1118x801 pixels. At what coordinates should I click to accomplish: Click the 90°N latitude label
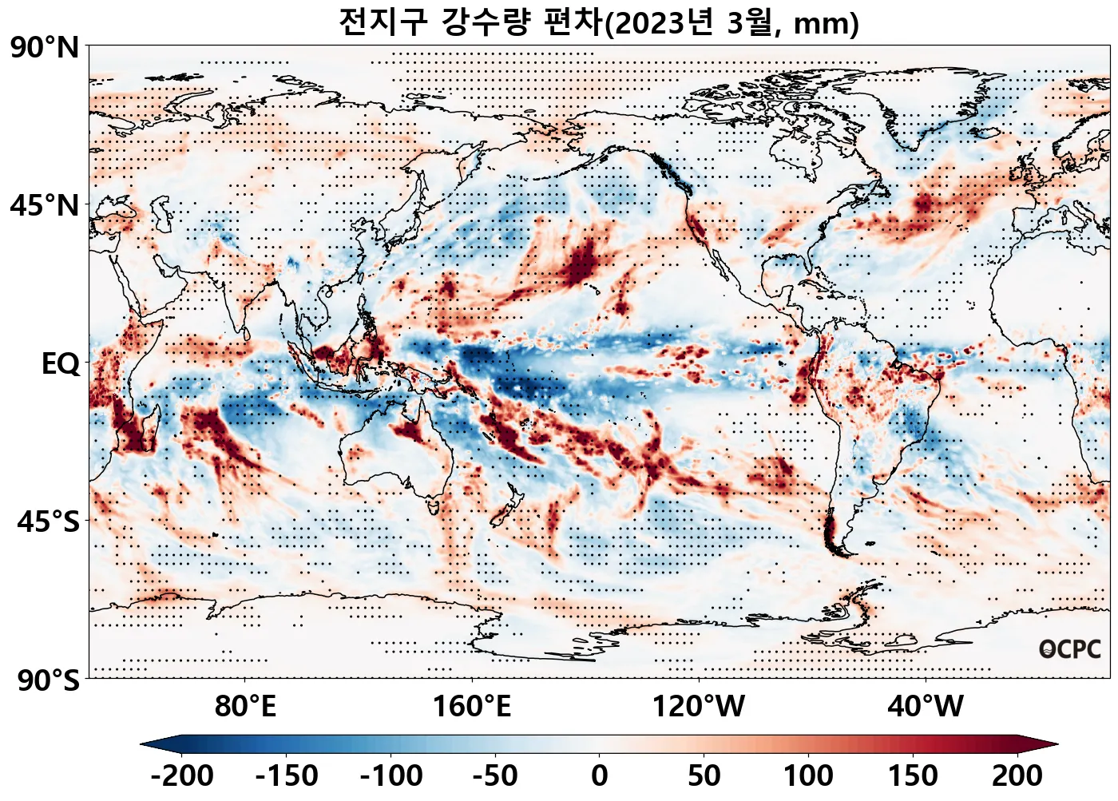coord(45,48)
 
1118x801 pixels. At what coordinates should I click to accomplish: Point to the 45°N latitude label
coord(45,206)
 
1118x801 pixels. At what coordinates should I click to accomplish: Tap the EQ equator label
coord(61,364)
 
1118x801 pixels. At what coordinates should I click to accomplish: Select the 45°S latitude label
coord(48,522)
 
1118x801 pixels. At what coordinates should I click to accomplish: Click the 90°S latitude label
coord(48,680)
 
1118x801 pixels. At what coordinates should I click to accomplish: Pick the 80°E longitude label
coord(245,707)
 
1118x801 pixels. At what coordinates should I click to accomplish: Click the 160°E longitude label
coord(471,707)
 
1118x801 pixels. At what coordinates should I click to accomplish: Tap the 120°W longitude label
coord(699,707)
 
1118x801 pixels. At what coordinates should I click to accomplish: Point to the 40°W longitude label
coord(925,707)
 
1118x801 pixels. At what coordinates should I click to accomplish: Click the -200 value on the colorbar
coord(181,775)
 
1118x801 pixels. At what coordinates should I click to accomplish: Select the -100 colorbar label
coord(391,775)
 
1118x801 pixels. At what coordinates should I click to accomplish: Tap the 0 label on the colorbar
coord(600,775)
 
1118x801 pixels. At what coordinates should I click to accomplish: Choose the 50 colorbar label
coord(704,775)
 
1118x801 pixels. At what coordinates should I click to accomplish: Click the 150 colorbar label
coord(913,775)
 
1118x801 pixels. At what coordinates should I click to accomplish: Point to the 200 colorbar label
coord(1017,775)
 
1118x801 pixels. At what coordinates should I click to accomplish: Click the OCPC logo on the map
coord(1069,650)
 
